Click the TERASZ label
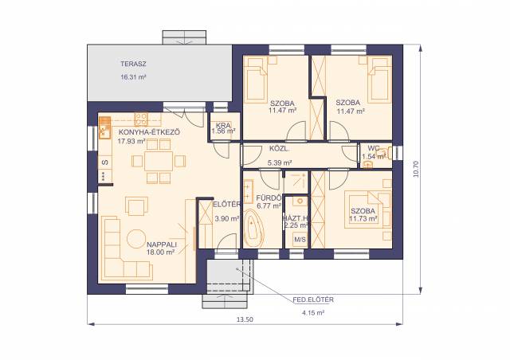coord(133,64)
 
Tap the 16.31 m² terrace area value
coord(133,77)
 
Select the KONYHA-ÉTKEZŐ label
coord(149,132)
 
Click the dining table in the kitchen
coord(159,161)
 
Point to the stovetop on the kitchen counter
coord(142,119)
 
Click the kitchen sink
coord(104,127)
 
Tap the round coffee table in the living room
coord(136,239)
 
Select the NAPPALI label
coord(162,245)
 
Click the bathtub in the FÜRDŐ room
coord(253,228)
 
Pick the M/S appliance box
coord(300,240)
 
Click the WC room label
coord(374,148)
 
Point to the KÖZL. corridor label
coord(279,149)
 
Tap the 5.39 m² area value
coord(280,162)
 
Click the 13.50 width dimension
coord(245,319)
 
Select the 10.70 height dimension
coord(416,169)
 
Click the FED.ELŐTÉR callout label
coord(313,299)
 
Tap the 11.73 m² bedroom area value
coord(363,218)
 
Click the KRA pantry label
coord(223,125)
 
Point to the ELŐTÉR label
coord(227,204)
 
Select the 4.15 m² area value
coord(313,313)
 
